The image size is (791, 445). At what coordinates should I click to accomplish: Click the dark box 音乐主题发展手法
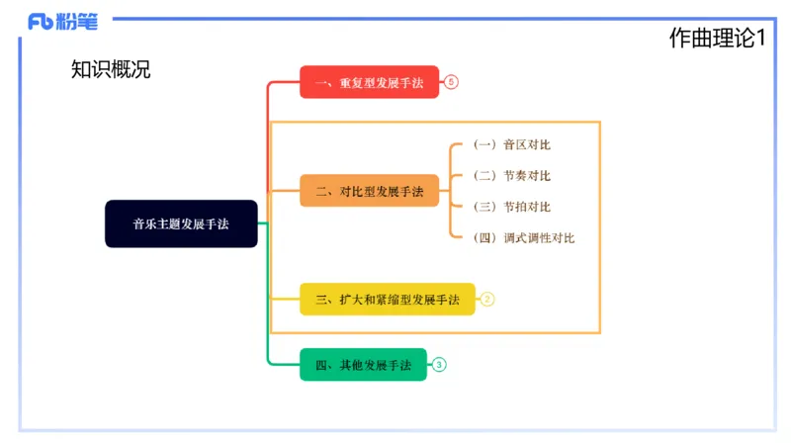[181, 223]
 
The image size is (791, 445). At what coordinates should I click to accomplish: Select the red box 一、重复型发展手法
[369, 83]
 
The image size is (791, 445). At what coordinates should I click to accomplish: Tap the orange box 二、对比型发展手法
[369, 191]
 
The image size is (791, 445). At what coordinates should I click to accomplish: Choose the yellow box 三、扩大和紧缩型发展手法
[387, 299]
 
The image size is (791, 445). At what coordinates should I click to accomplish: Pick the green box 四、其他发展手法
[363, 365]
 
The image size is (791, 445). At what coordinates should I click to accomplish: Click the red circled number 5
[451, 83]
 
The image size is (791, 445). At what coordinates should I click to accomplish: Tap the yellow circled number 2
[487, 299]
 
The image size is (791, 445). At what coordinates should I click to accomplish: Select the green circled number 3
[439, 365]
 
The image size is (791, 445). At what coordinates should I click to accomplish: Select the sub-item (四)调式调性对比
[523, 238]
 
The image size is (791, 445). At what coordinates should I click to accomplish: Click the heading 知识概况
[111, 69]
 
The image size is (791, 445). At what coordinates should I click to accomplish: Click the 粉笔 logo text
[77, 21]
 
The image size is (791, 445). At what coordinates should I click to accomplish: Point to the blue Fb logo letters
[41, 22]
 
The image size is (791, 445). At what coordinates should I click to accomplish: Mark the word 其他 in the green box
[351, 365]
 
